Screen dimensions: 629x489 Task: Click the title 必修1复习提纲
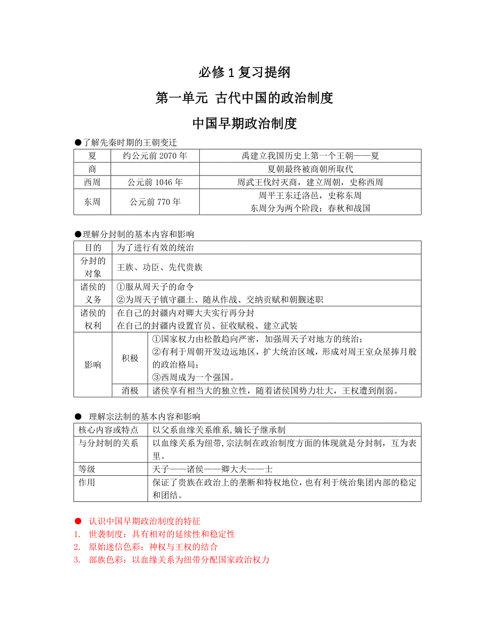click(244, 72)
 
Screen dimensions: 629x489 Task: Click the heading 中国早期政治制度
click(244, 124)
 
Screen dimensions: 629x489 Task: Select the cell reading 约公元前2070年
click(155, 156)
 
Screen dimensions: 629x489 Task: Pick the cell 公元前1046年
click(155, 182)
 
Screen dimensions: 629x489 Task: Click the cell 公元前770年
click(155, 202)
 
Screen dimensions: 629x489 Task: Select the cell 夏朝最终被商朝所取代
click(310, 169)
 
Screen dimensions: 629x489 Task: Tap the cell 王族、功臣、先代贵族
click(159, 267)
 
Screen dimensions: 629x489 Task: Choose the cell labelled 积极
click(130, 358)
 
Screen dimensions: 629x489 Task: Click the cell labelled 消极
click(130, 390)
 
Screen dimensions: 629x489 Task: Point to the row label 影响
click(92, 365)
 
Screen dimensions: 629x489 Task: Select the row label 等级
click(87, 469)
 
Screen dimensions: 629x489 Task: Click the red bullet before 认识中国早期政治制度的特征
click(78, 521)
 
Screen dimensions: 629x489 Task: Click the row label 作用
click(87, 482)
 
